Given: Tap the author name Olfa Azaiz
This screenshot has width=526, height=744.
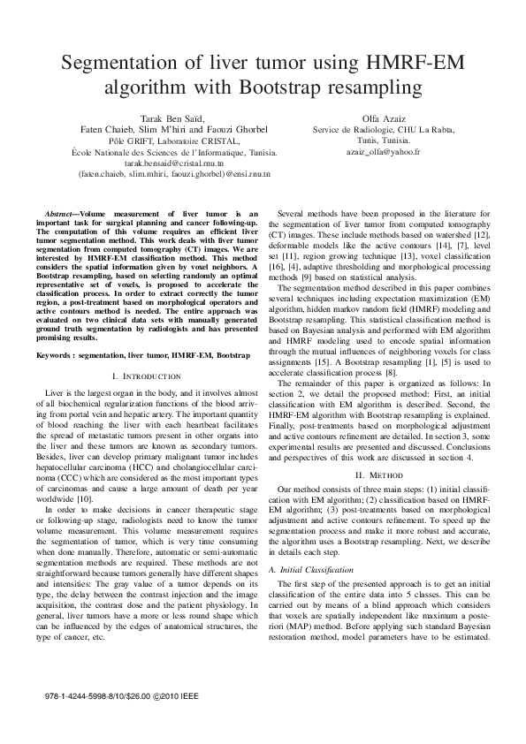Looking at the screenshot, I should click(384, 118).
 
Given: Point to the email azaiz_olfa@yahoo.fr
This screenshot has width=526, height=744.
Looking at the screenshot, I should click(384, 152).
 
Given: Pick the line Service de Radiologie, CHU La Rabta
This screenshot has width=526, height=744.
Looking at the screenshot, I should click(384, 129).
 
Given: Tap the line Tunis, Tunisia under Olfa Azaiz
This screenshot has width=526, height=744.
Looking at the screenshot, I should click(384, 140).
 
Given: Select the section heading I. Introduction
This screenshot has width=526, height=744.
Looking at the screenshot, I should click(143, 376).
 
